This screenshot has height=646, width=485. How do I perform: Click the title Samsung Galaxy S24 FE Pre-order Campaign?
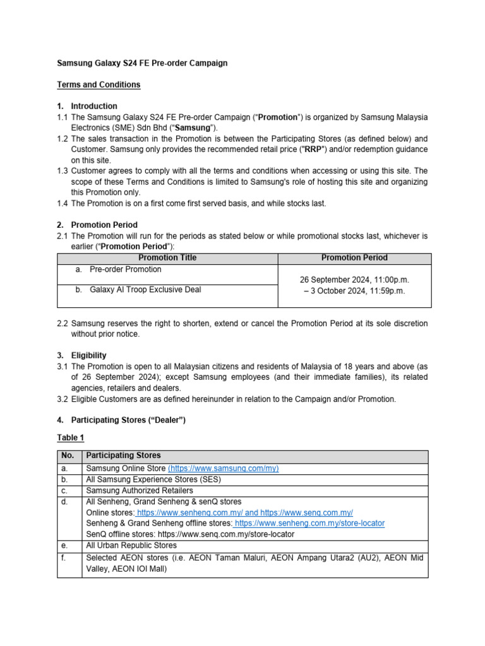coord(142,63)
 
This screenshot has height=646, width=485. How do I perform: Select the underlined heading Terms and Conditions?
coord(99,85)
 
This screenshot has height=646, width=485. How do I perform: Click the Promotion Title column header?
coord(167,258)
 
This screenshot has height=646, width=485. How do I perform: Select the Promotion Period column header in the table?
coord(354,258)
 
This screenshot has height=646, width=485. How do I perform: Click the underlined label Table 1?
coord(70,437)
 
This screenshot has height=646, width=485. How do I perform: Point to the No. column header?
coord(68,455)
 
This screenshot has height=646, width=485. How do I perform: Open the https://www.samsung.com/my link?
coord(224,469)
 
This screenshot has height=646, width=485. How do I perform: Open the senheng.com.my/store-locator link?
coord(309,523)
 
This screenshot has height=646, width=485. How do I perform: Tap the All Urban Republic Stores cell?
coord(131,545)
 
